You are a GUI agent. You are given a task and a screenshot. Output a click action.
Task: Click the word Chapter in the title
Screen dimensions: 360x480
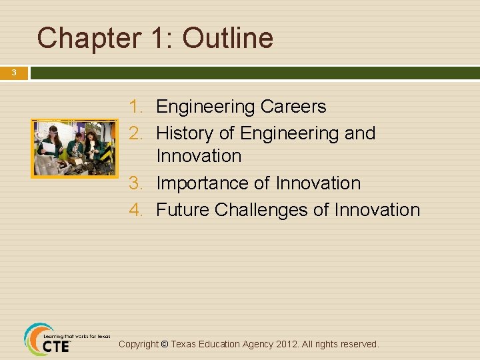point(84,38)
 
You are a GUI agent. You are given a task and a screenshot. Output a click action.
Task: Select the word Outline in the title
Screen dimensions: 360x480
point(228,38)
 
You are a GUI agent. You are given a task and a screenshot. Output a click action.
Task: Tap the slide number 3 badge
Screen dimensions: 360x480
point(13,73)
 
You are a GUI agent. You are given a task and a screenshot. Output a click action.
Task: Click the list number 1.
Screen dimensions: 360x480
point(136,107)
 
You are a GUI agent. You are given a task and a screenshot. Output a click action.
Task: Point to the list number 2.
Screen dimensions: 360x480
point(136,133)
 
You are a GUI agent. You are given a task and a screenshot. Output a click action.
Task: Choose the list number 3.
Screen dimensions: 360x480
point(136,183)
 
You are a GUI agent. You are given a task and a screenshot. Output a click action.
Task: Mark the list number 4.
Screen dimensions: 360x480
point(136,210)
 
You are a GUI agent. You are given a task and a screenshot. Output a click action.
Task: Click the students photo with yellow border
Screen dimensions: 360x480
point(74,149)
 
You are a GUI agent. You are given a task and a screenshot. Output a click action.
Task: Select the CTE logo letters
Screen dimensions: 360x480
point(56,347)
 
